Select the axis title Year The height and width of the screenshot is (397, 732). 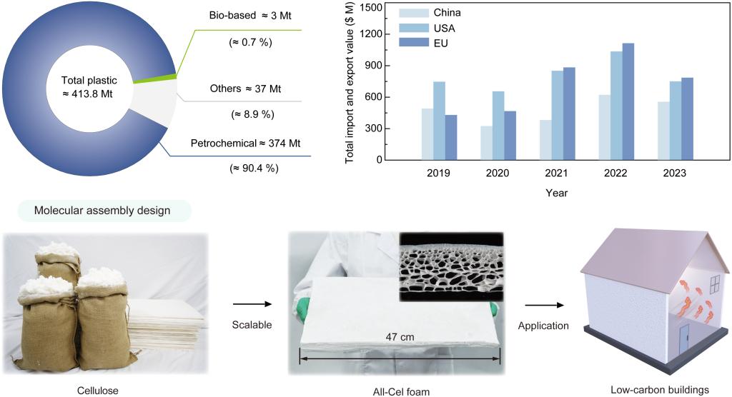pyautogui.click(x=556, y=192)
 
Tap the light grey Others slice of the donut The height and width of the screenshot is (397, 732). pyautogui.click(x=162, y=99)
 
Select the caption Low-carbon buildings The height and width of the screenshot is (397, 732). pyautogui.click(x=659, y=390)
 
